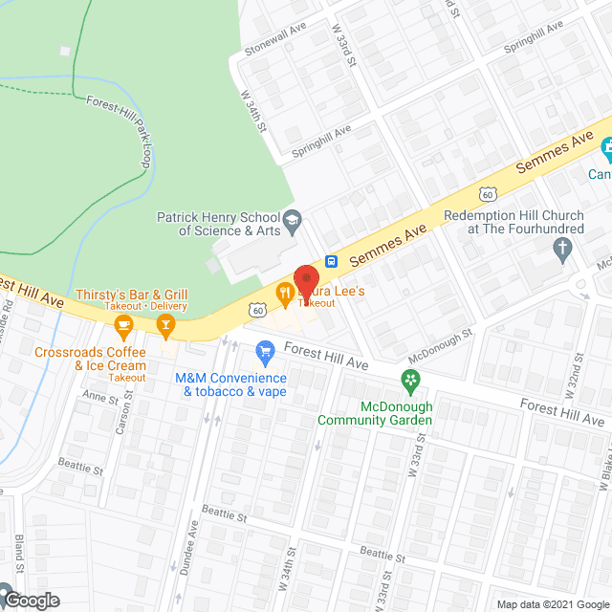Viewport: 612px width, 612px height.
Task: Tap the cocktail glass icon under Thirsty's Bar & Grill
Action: click(166, 328)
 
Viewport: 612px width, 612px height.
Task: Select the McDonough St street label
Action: click(440, 347)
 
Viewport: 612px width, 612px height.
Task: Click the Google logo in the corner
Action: click(31, 600)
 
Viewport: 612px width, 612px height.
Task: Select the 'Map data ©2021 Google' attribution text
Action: click(552, 603)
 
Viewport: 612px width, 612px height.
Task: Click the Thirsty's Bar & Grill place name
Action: click(146, 295)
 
